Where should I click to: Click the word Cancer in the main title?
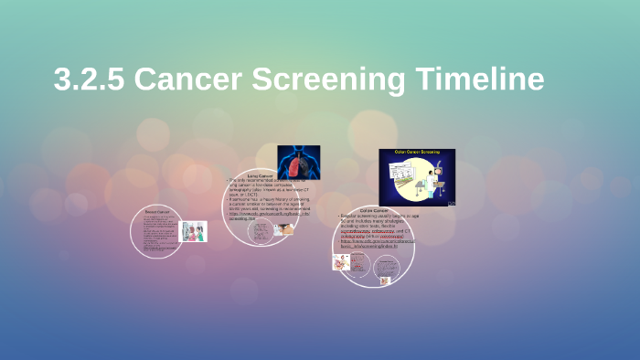point(190,79)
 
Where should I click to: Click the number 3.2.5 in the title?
point(89,79)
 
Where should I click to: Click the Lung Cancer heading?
point(261,175)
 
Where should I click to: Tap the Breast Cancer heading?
point(158,211)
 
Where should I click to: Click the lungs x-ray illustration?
point(299,163)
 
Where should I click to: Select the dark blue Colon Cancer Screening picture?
point(417,176)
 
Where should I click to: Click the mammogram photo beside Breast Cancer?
point(194,231)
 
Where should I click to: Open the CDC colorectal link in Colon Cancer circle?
point(376,244)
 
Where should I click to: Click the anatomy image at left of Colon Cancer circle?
point(340,263)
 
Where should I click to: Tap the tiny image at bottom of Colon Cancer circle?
point(385,281)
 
